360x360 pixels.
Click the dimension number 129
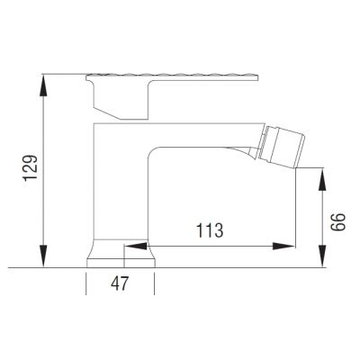[x=31, y=168]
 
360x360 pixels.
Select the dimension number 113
[x=210, y=230]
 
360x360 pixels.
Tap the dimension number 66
[x=338, y=222]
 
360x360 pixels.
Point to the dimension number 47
[x=120, y=283]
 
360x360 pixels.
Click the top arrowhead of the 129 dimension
[x=44, y=85]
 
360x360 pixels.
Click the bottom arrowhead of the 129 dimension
[x=44, y=256]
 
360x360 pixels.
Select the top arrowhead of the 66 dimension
[x=322, y=179]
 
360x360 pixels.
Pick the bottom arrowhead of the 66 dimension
[x=322, y=256]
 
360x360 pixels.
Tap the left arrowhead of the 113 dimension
[x=136, y=247]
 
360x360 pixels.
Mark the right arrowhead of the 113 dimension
[x=283, y=247]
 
